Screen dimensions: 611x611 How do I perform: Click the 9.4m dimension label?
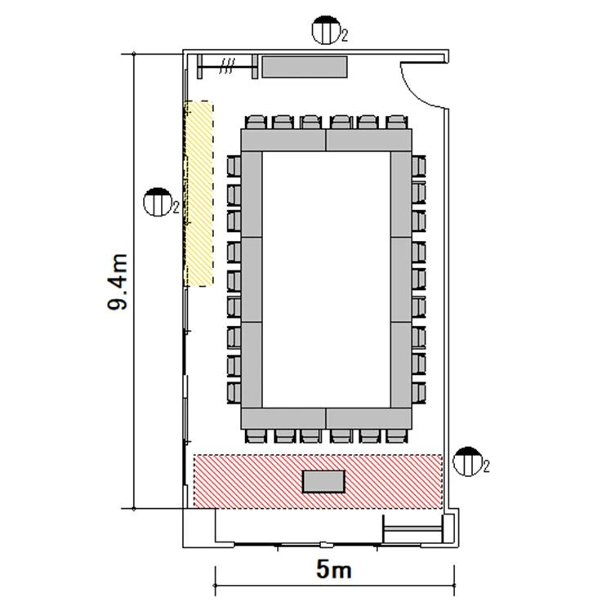[118, 282]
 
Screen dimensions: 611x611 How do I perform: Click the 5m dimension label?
[334, 569]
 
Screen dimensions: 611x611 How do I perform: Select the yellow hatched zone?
[198, 194]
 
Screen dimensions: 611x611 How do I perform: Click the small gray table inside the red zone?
[323, 482]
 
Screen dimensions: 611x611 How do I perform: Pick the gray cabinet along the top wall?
[305, 67]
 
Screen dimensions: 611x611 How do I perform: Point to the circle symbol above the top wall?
[327, 30]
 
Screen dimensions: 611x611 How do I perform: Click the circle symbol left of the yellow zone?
[158, 202]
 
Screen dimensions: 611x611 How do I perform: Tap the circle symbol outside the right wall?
[467, 462]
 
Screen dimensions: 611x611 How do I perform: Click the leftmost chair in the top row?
[256, 122]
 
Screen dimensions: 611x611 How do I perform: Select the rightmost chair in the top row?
[397, 122]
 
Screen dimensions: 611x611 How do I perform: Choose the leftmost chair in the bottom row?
[256, 435]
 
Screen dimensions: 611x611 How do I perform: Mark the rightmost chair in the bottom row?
[397, 435]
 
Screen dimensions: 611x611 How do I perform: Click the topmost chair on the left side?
[234, 166]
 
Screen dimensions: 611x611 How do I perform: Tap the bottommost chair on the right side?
[418, 393]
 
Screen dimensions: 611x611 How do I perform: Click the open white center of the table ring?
[326, 279]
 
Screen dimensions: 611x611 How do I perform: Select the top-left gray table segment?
[283, 140]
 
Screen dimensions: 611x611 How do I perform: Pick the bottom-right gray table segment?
[368, 418]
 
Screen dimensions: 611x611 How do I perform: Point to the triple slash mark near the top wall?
[227, 66]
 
